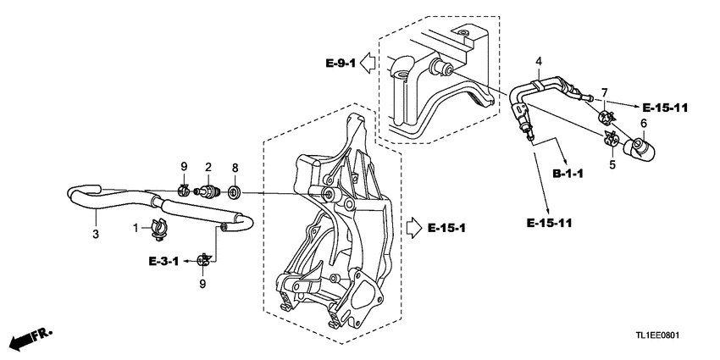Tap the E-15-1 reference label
pos(446,228)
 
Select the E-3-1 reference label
pos(163,261)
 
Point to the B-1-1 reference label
pos(568,173)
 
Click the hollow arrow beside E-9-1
pos(369,63)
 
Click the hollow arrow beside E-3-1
pos(190,261)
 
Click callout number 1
pos(135,227)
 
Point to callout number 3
pos(96,234)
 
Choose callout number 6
pos(643,124)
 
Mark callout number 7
pos(605,91)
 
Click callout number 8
pos(235,167)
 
